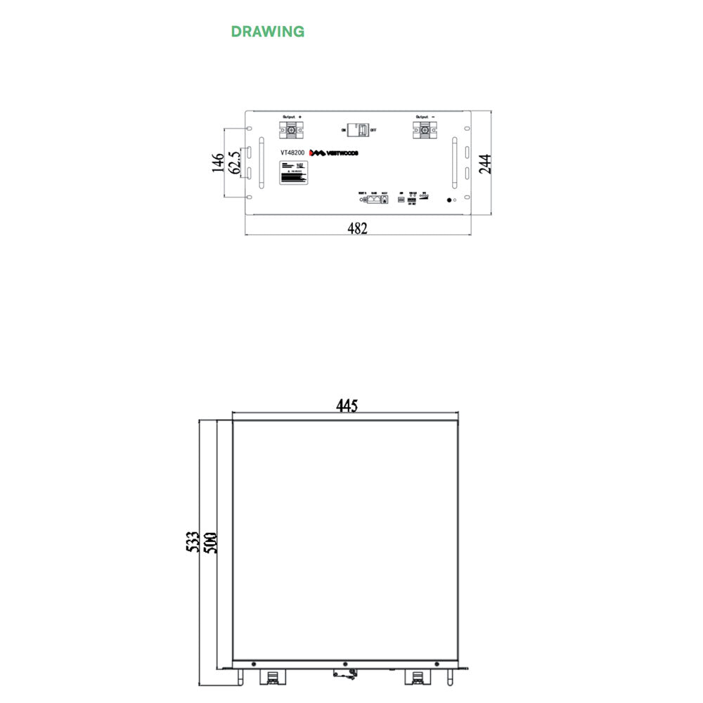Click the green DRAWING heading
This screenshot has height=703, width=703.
267,32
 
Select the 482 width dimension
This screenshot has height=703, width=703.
357,228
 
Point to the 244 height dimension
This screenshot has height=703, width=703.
485,163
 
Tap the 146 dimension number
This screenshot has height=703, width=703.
218,163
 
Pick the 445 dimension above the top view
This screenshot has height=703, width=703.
346,406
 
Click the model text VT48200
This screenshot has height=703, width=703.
292,153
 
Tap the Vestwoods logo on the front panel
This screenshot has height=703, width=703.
335,153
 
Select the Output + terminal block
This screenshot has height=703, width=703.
291,129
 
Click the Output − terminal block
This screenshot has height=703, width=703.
425,129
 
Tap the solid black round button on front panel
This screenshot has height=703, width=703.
449,200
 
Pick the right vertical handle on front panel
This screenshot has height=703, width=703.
454,163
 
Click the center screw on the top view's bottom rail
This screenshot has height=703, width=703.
345,664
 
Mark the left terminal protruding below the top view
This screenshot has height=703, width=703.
272,678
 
